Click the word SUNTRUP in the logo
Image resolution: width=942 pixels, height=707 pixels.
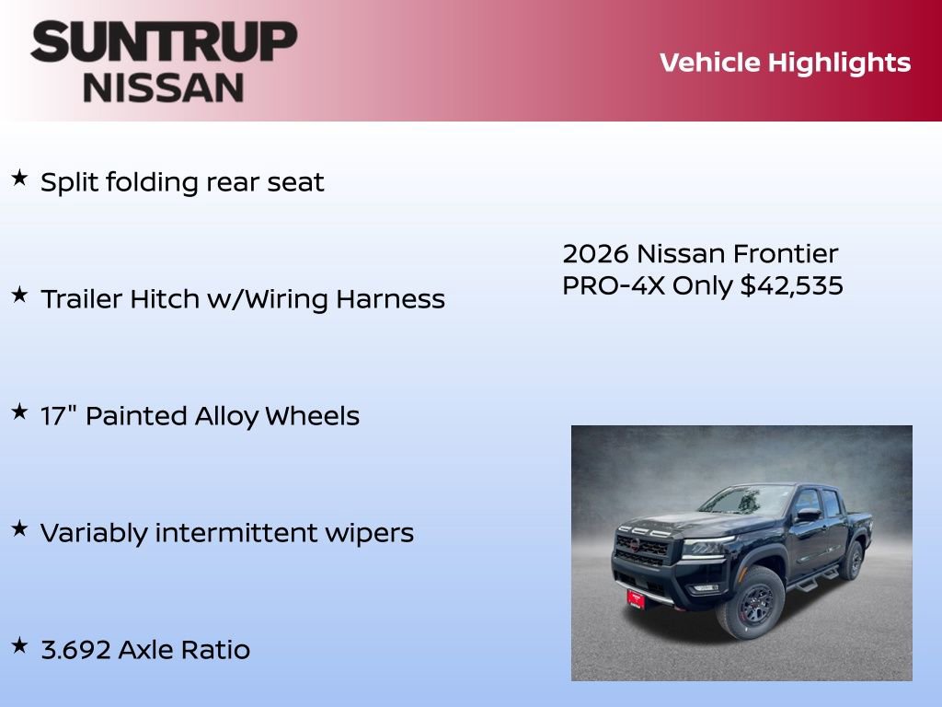164,41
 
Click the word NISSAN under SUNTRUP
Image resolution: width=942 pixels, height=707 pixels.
164,87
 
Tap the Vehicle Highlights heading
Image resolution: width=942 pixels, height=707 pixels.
785,63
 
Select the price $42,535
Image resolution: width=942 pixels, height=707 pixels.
791,285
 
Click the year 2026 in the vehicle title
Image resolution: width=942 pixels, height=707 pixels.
596,253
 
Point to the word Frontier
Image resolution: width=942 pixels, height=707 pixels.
786,253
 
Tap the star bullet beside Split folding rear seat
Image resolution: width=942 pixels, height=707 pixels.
19,178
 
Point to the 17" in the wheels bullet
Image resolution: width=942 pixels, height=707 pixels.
58,415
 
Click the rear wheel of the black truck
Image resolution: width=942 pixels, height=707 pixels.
852,561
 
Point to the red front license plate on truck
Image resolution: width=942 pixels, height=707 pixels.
636,597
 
